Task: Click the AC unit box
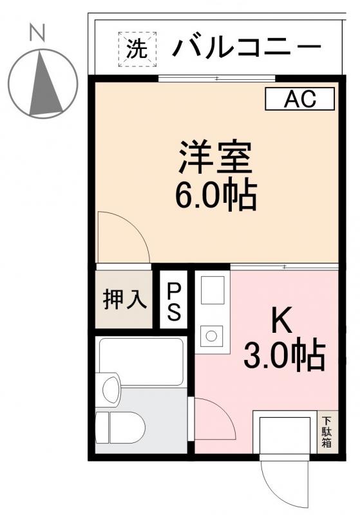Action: [300, 98]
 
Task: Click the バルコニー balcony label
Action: [247, 47]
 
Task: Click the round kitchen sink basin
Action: [210, 335]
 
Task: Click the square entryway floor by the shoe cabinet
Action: [285, 433]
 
